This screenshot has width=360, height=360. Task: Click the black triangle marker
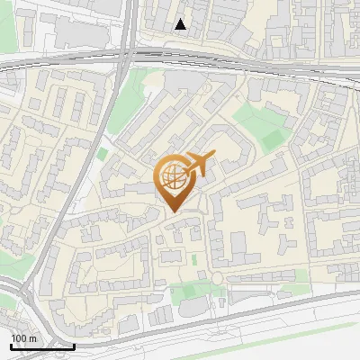point(181,24)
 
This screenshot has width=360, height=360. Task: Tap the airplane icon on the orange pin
point(199,164)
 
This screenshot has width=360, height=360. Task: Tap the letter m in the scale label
point(32,338)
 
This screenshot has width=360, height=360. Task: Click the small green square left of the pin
point(102,154)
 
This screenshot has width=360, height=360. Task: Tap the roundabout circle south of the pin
point(216,278)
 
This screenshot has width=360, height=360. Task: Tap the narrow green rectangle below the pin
point(193,259)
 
